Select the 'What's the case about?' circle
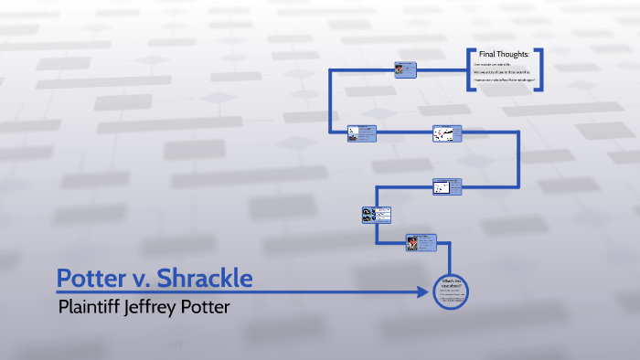click(x=451, y=291)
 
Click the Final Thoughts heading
click(x=504, y=55)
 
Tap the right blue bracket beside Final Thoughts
click(x=541, y=69)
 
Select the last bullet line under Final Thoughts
click(x=503, y=82)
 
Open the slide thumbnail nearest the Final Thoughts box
click(x=406, y=69)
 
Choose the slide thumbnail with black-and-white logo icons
click(x=377, y=216)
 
